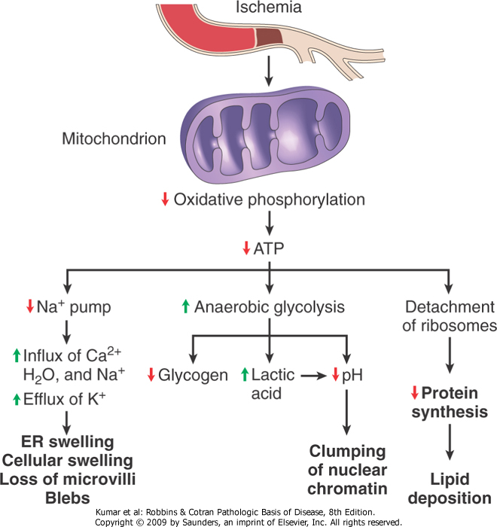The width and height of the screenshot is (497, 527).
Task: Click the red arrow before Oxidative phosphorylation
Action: coord(164,200)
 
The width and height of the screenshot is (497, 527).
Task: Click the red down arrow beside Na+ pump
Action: coord(30,306)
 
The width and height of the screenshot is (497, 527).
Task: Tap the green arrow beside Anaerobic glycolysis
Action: coord(184,306)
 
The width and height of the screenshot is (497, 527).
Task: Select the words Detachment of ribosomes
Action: coord(450,316)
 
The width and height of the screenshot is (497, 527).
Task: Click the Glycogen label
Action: coord(193,374)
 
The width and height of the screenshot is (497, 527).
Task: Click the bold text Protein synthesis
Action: coord(450,402)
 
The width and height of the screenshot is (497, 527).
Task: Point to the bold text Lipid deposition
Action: coord(450,488)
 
